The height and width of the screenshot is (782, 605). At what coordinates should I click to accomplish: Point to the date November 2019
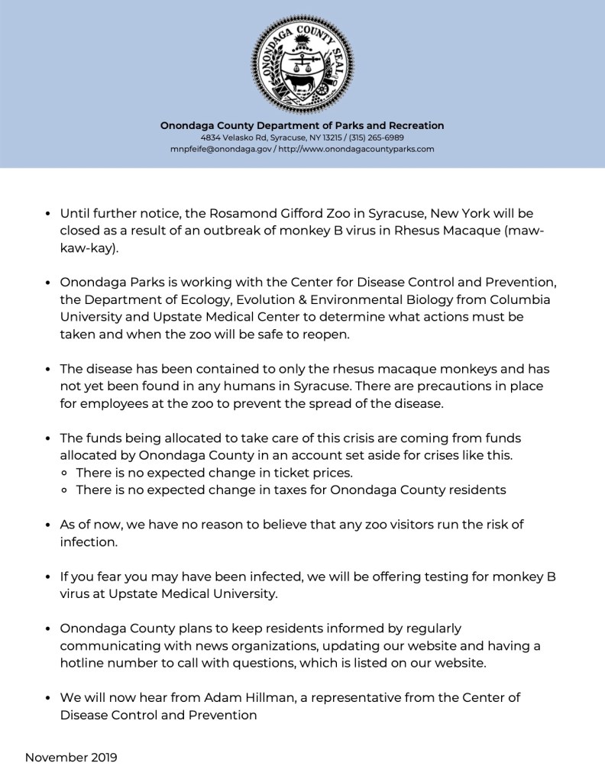71,758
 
